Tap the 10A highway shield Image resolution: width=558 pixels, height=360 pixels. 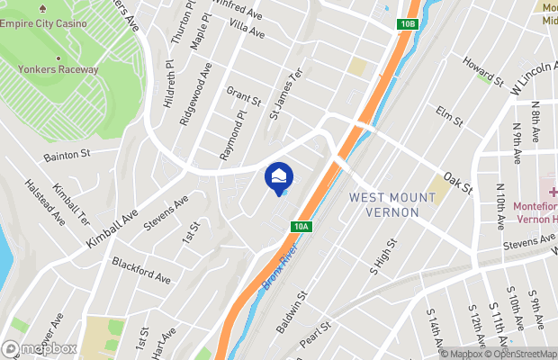click(301, 228)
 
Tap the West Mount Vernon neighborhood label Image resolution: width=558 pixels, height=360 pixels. click(385, 203)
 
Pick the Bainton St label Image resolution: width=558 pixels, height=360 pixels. click(67, 156)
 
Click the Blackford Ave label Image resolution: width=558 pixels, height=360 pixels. click(141, 271)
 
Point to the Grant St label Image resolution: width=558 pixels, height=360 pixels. click(243, 94)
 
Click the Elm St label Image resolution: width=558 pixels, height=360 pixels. click(447, 115)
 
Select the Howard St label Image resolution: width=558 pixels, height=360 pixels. click(482, 71)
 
